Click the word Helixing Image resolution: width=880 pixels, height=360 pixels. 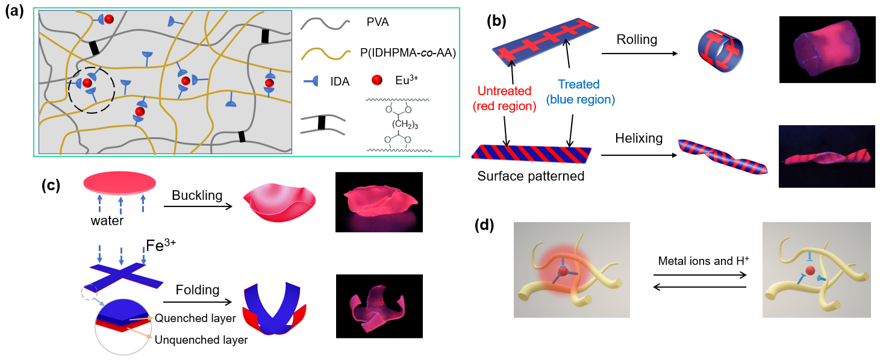638,138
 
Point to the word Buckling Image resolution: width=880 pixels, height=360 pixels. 197,196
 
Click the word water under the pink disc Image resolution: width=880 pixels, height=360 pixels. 107,221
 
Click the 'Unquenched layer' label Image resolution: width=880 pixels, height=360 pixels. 201,340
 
